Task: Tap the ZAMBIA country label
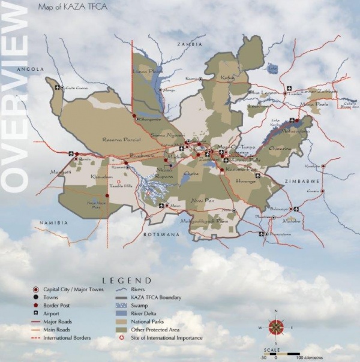(x=190, y=44)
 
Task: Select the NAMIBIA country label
(x=53, y=223)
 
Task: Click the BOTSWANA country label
(x=162, y=236)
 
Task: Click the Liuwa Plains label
(x=148, y=71)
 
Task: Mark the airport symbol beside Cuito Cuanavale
(x=58, y=88)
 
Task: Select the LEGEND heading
(x=127, y=280)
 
